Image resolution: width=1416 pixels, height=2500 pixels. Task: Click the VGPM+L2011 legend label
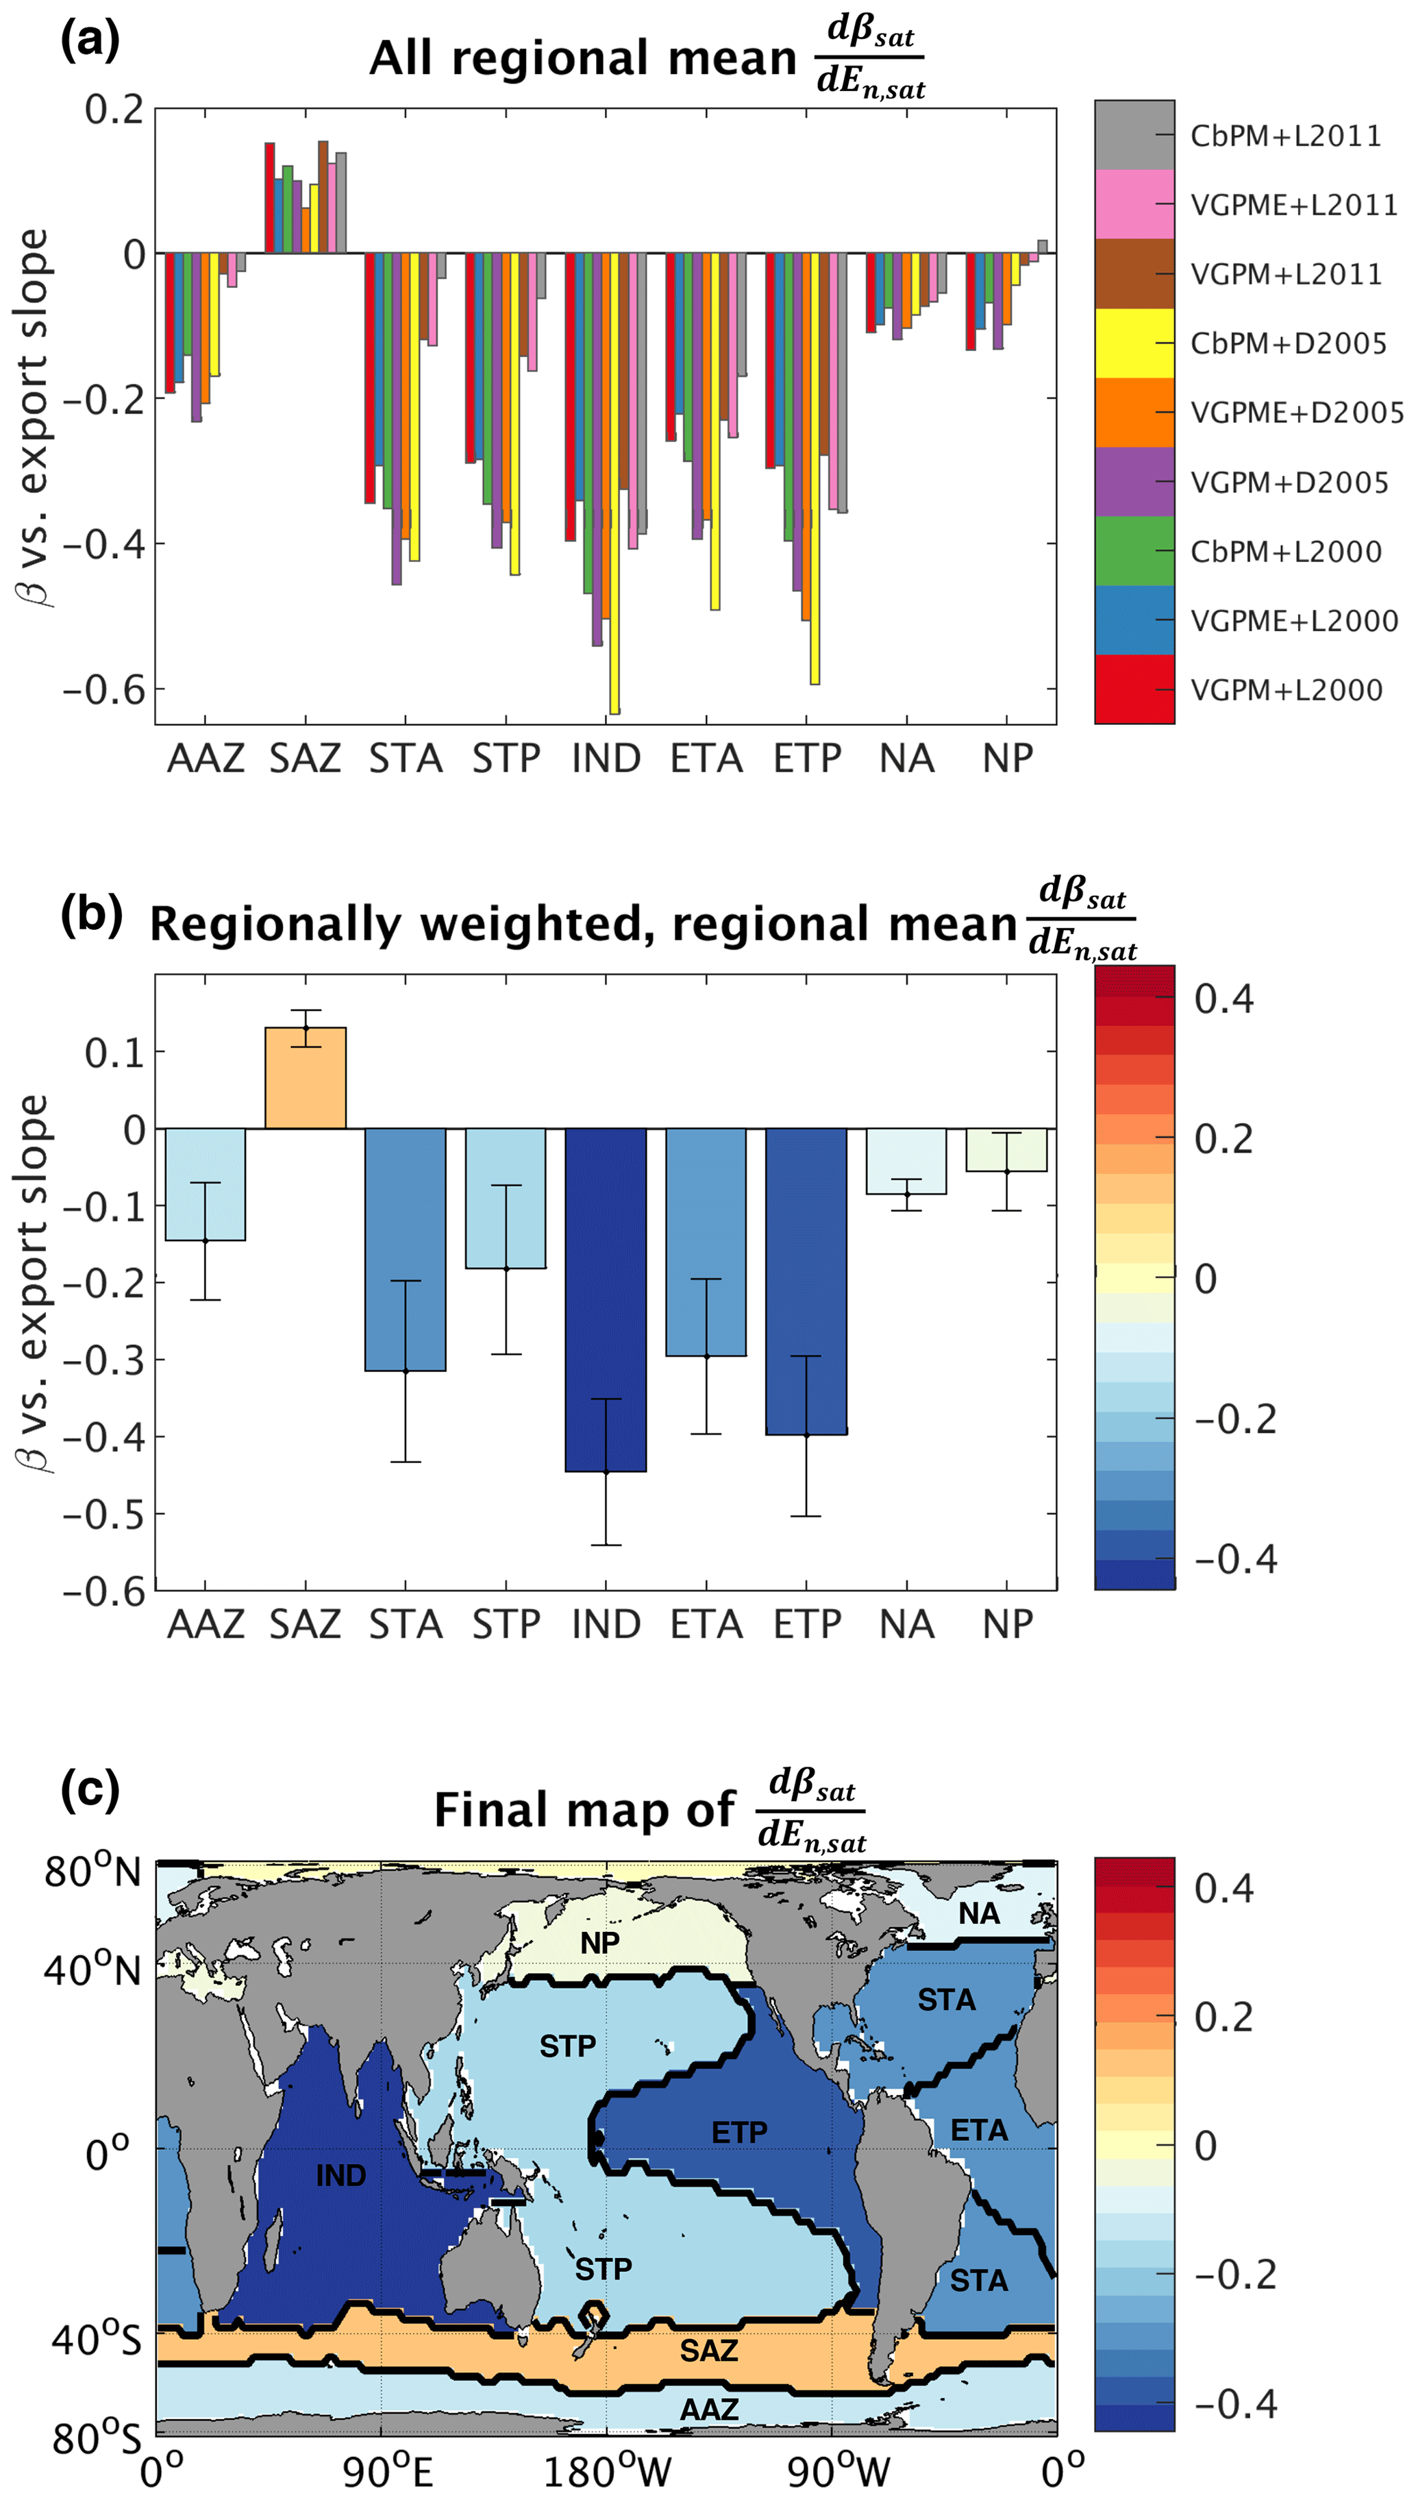pyautogui.click(x=1286, y=274)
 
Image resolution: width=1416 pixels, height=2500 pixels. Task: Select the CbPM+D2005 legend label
pyautogui.click(x=1288, y=343)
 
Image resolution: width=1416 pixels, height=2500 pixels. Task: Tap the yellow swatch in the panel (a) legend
pyautogui.click(x=1134, y=343)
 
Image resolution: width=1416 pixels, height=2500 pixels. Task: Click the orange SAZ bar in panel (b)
pyautogui.click(x=306, y=1078)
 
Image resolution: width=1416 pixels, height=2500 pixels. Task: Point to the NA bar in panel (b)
pyautogui.click(x=906, y=1160)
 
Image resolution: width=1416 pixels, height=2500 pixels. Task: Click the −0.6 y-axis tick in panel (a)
pyautogui.click(x=104, y=689)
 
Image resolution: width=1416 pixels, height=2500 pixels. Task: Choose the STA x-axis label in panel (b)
pyautogui.click(x=406, y=1624)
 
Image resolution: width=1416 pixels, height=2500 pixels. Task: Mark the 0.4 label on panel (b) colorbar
pyautogui.click(x=1224, y=999)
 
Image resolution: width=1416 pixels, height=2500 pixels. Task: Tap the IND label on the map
pyautogui.click(x=340, y=2176)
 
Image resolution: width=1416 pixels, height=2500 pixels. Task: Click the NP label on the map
pyautogui.click(x=600, y=1944)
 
